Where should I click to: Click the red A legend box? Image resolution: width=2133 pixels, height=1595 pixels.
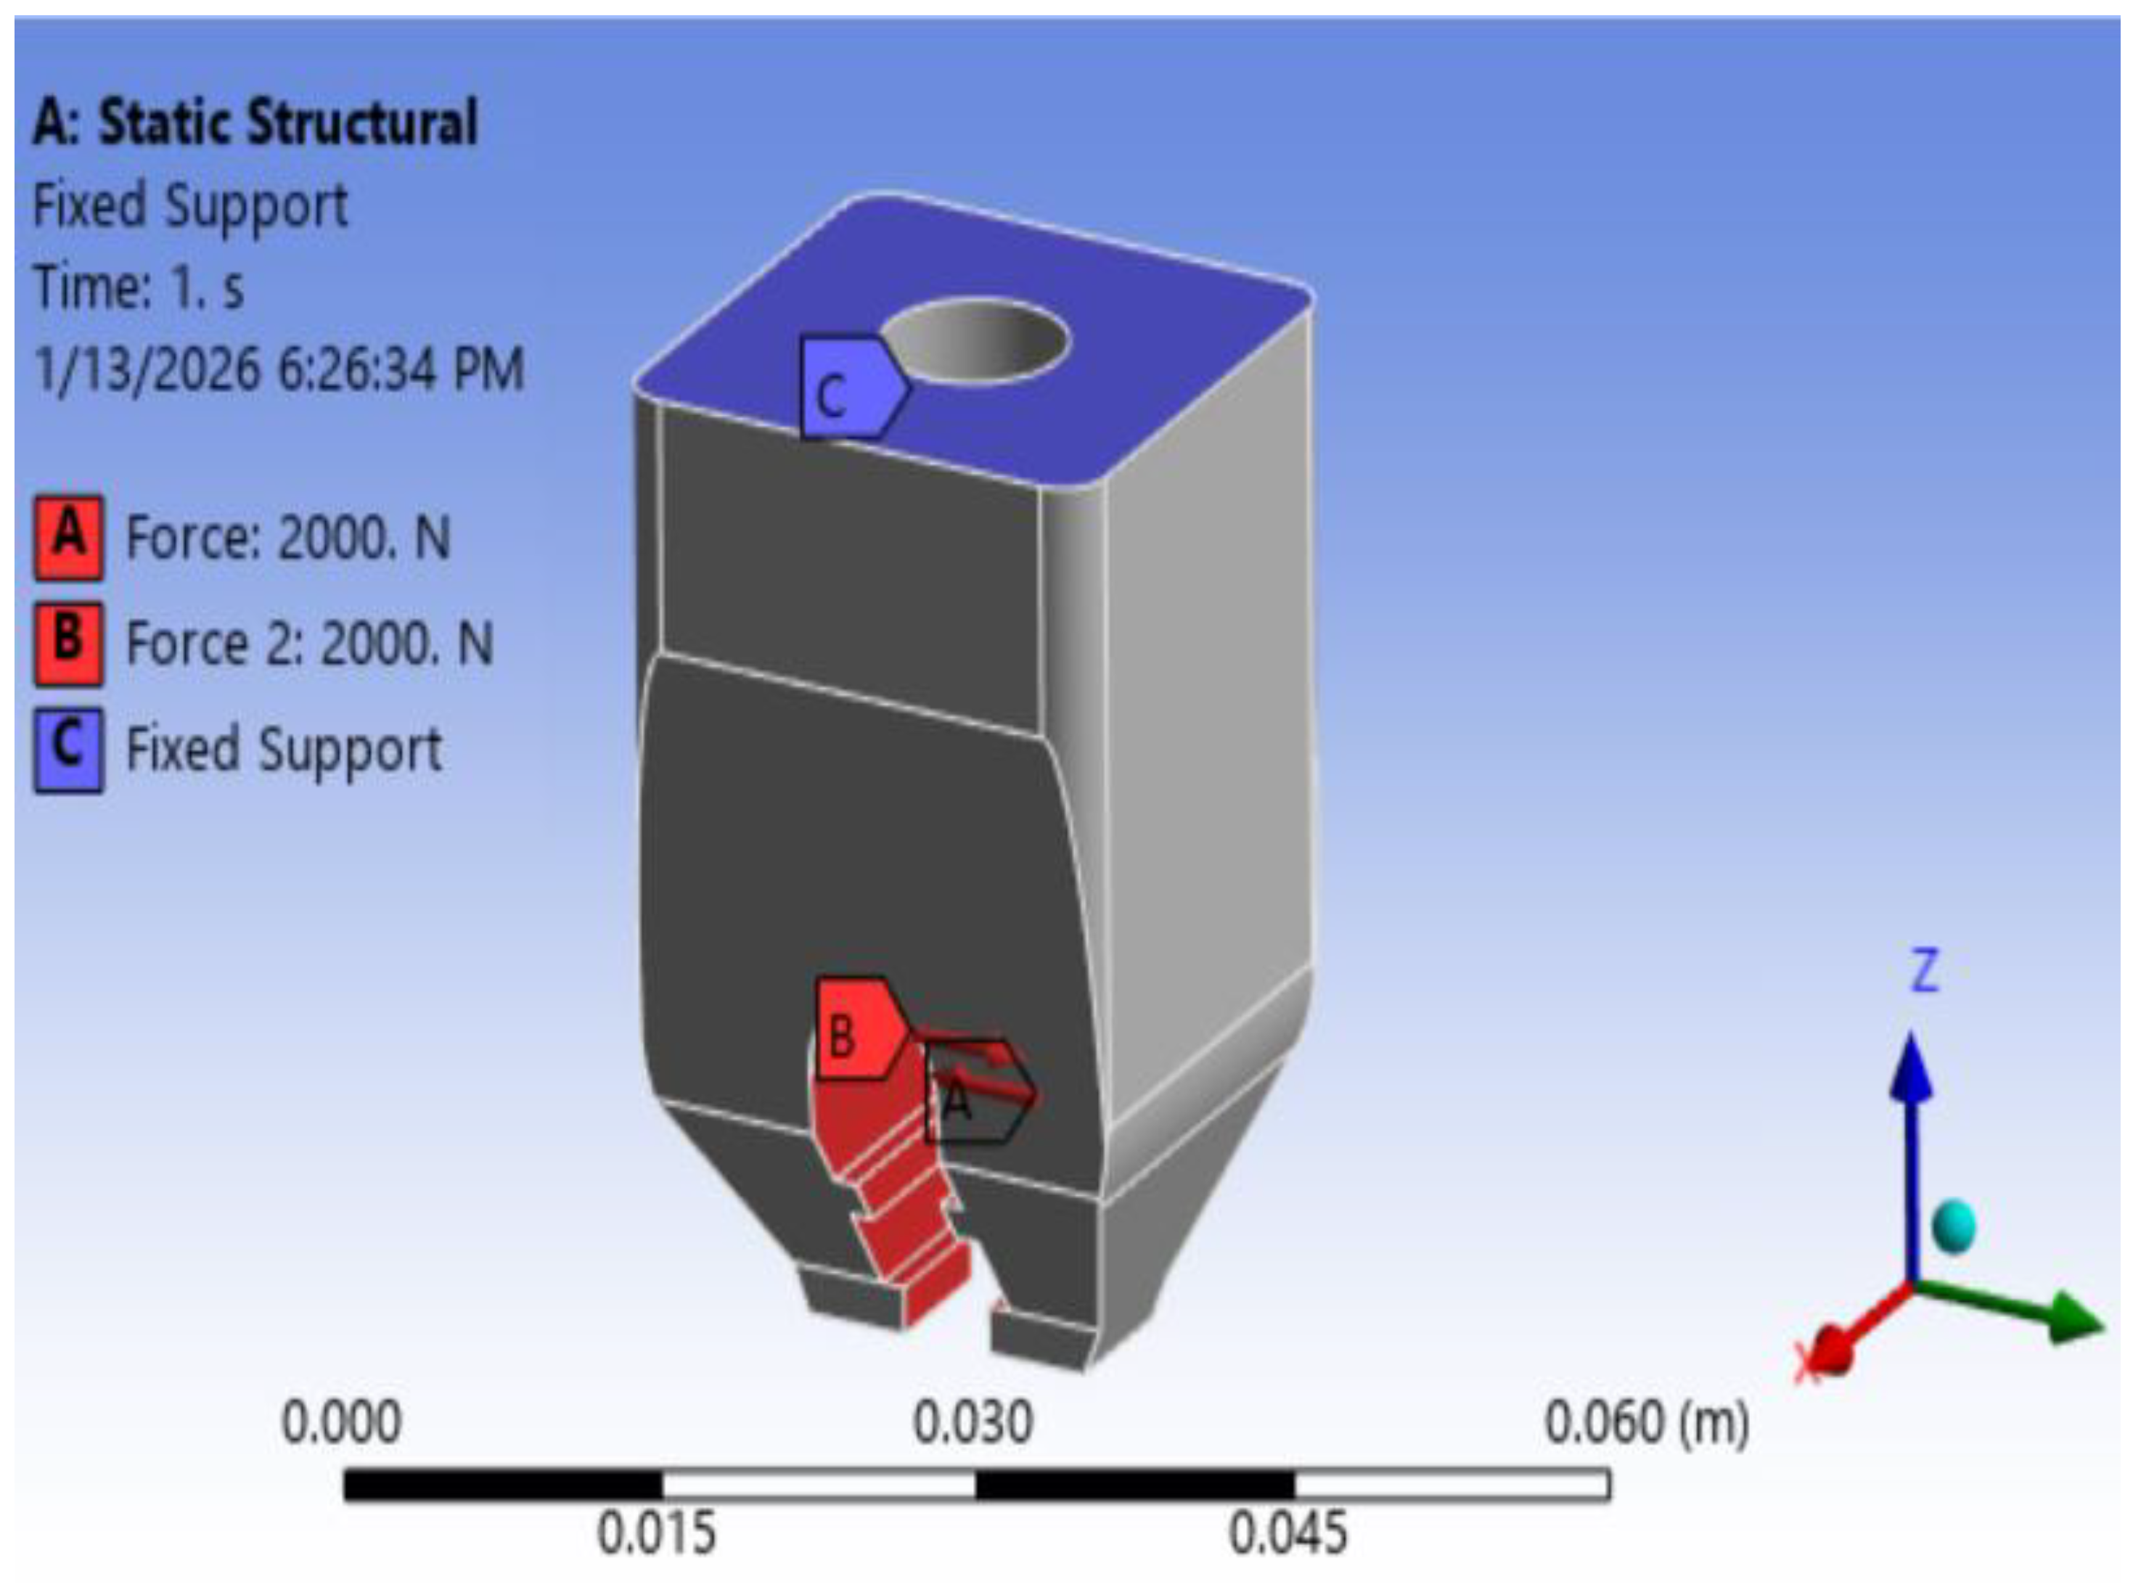(x=68, y=537)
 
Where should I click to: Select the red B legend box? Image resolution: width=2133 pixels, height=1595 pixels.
(x=68, y=643)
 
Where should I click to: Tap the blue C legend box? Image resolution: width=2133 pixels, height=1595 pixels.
(x=68, y=750)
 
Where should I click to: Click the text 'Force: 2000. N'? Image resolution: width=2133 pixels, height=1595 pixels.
(x=288, y=537)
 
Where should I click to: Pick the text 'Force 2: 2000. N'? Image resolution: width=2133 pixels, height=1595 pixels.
(x=310, y=643)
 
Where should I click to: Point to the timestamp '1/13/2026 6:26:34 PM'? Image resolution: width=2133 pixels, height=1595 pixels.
(x=279, y=369)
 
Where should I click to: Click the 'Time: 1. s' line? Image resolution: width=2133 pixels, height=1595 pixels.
(x=139, y=287)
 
